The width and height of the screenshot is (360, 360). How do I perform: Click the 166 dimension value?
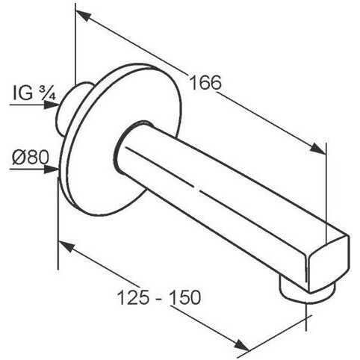coord(205,82)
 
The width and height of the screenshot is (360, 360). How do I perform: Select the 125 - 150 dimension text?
coord(159,297)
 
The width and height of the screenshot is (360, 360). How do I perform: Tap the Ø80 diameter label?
coord(31,158)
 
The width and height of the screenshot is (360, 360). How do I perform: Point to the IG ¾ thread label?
coord(34,93)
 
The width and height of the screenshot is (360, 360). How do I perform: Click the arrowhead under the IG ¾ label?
coord(52,105)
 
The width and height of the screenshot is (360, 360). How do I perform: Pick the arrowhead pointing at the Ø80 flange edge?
coord(51,169)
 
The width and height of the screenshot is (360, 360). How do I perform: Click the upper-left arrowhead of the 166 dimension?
coord(83,15)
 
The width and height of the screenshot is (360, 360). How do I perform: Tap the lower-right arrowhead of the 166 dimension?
coord(317,148)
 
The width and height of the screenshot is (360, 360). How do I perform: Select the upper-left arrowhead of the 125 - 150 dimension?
coord(66,246)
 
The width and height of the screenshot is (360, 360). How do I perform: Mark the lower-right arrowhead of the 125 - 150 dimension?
coord(241,345)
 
